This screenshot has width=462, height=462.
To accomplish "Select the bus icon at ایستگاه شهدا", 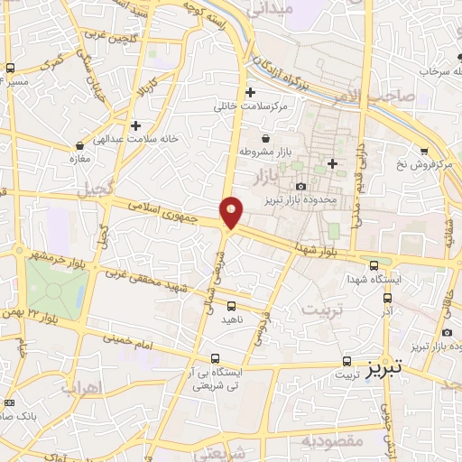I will click(x=374, y=264).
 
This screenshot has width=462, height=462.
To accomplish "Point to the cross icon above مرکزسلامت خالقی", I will click(x=251, y=92).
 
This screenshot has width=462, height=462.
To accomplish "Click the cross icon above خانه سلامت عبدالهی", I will click(x=135, y=125).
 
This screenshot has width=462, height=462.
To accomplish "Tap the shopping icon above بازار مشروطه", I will click(x=265, y=139).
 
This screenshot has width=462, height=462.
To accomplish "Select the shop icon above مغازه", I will click(x=80, y=145).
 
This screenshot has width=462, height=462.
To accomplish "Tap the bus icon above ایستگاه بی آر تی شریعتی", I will click(x=214, y=357).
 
